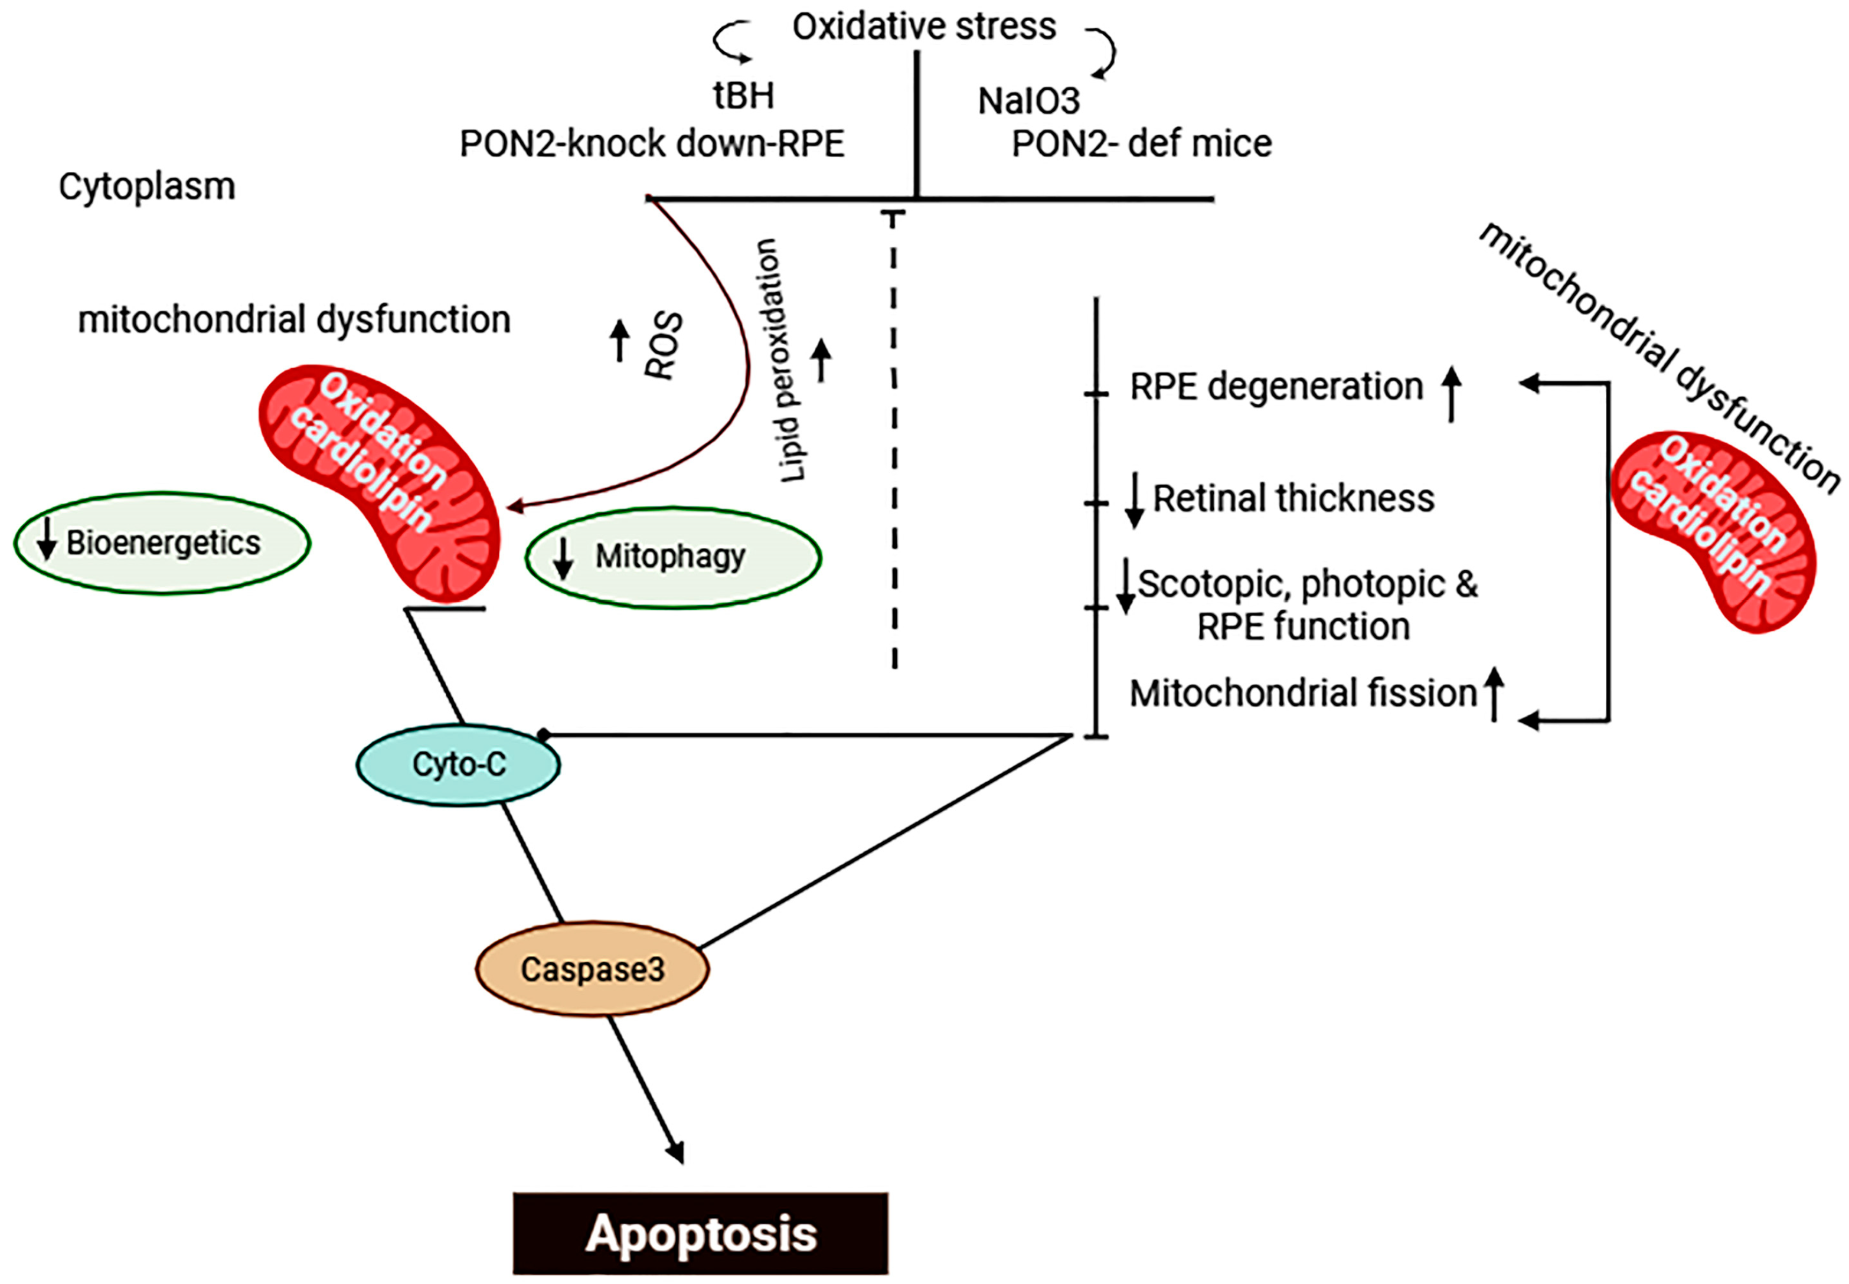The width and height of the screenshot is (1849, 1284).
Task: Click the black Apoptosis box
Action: point(701,1233)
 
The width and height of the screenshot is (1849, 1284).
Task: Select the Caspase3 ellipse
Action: point(592,969)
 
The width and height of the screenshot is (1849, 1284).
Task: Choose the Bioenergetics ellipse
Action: point(162,543)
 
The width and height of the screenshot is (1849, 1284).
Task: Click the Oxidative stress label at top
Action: point(924,27)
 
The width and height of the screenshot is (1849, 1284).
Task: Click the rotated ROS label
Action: point(665,346)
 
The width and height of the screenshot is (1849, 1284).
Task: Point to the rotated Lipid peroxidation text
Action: point(780,361)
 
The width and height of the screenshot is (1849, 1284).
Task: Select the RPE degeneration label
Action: point(1276,387)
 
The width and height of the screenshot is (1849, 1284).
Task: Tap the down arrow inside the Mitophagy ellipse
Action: point(563,557)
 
